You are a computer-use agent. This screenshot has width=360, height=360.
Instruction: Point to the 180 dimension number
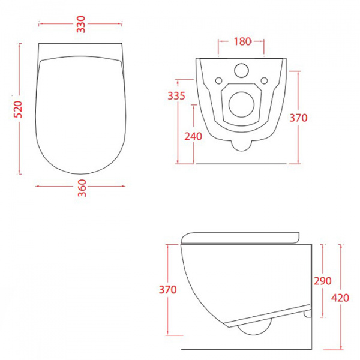coord(242,42)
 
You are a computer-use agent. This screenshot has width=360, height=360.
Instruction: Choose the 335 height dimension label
coord(176,96)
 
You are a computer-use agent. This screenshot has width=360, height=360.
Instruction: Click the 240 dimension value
coord(193,136)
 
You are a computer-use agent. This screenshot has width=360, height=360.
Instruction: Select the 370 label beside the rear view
coord(298,118)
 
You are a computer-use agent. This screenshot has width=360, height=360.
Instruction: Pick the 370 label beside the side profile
coord(168,290)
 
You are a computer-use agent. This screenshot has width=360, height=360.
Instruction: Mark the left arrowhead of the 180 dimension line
coord(220,42)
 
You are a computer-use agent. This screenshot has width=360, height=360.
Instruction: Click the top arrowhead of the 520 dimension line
coord(20,44)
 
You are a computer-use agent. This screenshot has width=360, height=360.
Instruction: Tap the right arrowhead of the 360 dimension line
coord(124,185)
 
